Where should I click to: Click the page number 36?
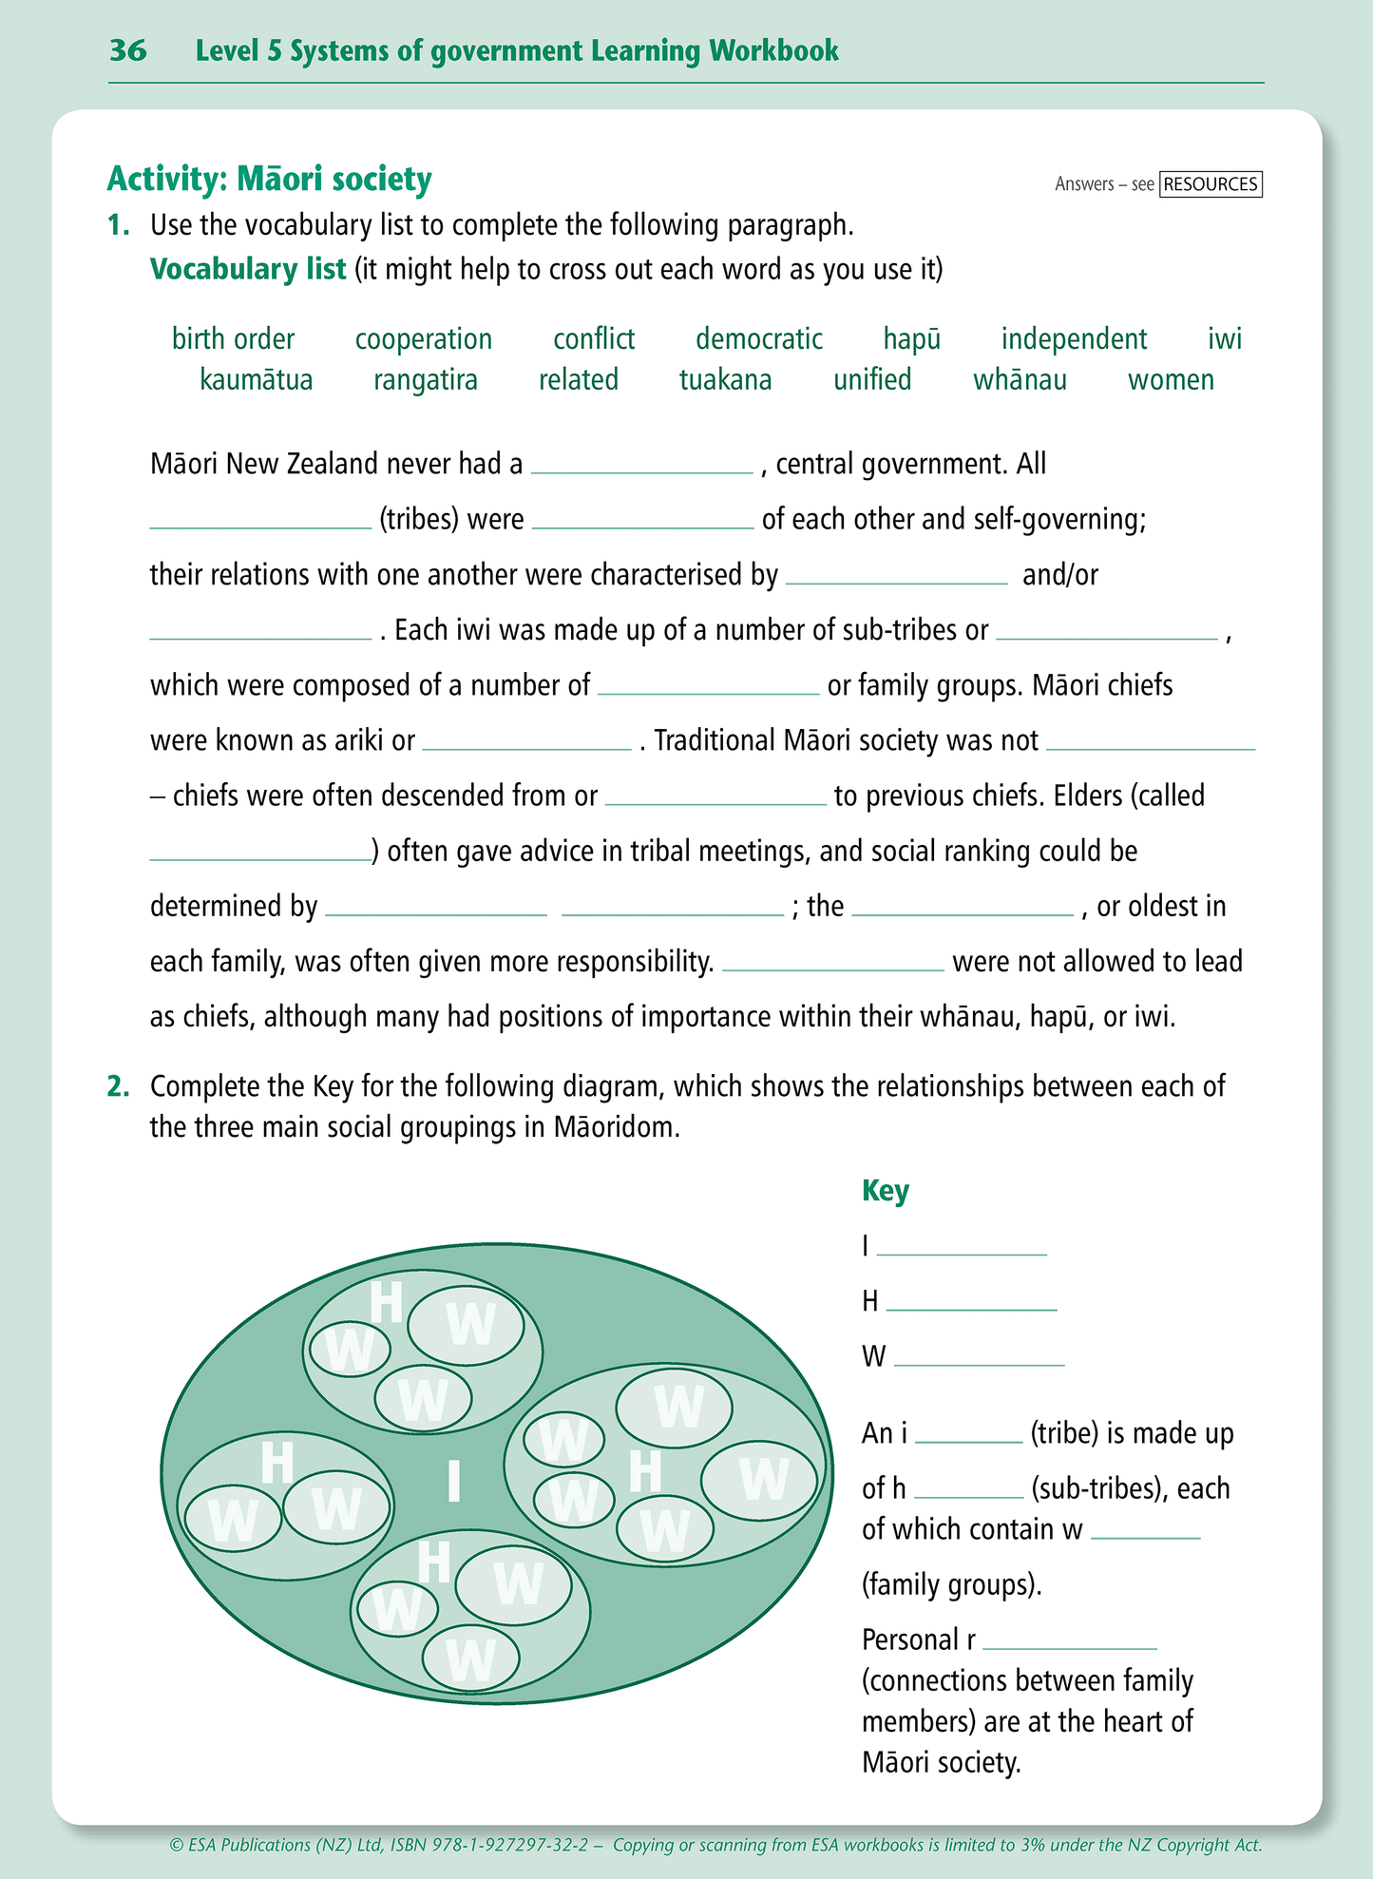[x=127, y=50]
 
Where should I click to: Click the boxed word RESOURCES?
[x=1211, y=184]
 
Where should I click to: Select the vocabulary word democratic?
[x=758, y=339]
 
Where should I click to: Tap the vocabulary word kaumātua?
[x=256, y=380]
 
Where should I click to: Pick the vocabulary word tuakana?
[x=725, y=380]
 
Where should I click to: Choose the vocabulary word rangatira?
[x=425, y=380]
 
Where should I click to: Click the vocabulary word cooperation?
[x=423, y=339]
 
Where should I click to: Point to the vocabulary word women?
[x=1171, y=380]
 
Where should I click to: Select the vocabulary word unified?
[x=871, y=380]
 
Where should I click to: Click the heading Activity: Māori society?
[x=269, y=179]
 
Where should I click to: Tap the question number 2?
[x=118, y=1086]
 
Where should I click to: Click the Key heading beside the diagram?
[x=885, y=1191]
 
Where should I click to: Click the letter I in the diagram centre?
[x=453, y=1482]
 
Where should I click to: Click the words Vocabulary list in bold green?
[x=247, y=270]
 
